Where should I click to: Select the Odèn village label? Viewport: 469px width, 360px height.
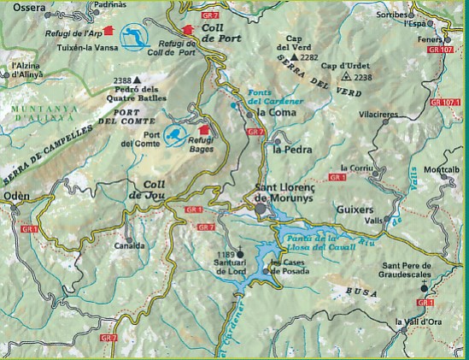[x=16, y=196]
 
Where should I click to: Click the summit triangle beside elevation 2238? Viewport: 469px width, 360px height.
[x=345, y=76]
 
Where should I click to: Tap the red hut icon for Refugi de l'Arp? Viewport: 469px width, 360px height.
[x=107, y=31]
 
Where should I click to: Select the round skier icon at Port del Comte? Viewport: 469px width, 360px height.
[x=173, y=134]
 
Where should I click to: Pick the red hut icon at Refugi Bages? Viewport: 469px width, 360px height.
[x=203, y=129]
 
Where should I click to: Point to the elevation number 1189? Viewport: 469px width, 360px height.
[x=225, y=254]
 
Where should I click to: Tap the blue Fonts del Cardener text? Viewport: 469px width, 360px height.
[x=268, y=97]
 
